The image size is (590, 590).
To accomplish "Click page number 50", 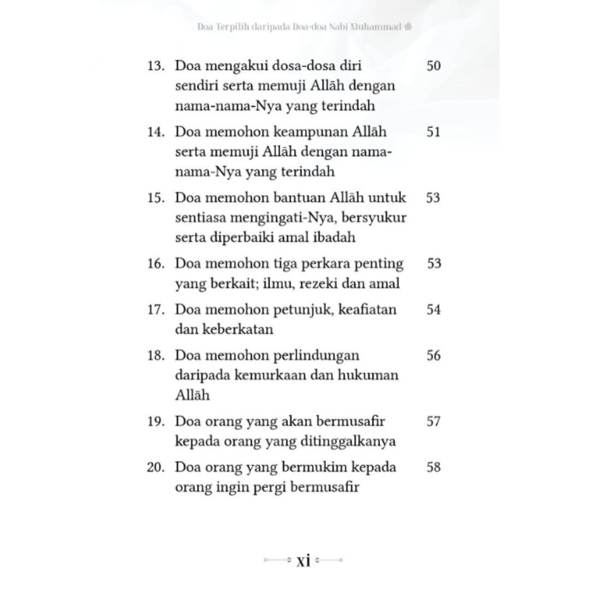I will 433,66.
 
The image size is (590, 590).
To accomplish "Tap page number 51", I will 433,132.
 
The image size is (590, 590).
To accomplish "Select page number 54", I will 433,310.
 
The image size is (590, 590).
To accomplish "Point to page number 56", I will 433,355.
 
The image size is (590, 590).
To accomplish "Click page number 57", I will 433,421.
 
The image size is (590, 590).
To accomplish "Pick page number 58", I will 433,467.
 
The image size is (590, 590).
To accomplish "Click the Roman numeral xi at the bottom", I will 303,560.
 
